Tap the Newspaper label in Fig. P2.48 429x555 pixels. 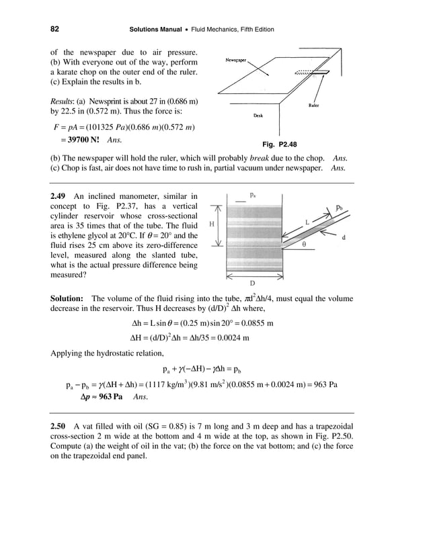point(234,58)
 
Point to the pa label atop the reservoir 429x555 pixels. point(252,194)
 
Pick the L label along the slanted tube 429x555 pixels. point(307,221)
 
